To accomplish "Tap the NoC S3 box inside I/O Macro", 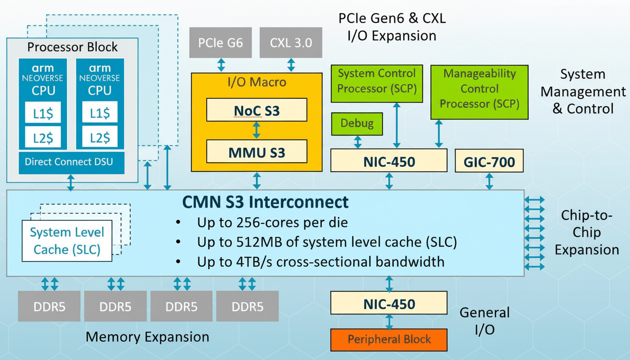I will coord(256,110).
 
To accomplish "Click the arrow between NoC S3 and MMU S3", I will coord(256,130).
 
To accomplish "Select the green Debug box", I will coord(357,124).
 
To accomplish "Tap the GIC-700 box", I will coord(489,162).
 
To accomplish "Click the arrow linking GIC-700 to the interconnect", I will coord(489,181).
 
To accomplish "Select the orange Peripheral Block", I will coord(389,339).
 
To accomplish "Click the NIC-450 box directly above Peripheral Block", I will coord(389,304).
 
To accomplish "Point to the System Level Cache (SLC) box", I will coord(67,241).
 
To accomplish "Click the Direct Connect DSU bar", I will coord(71,162).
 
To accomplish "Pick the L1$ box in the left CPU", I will coord(43,112).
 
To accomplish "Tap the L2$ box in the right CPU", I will coord(100,136).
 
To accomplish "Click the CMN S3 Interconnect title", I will coord(265,202).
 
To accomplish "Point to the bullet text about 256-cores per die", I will coord(272,222).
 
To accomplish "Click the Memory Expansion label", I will coord(147,337).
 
